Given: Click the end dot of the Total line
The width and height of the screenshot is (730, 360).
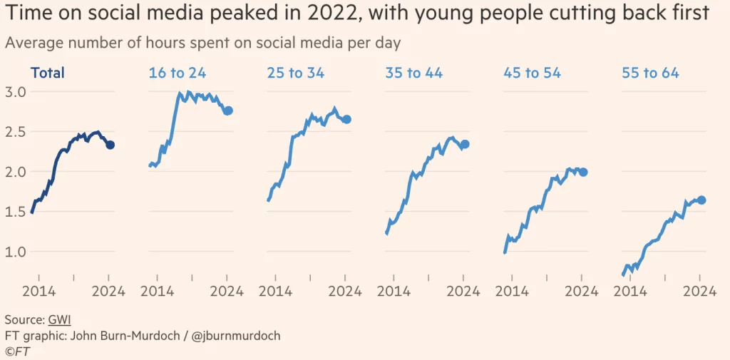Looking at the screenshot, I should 110,145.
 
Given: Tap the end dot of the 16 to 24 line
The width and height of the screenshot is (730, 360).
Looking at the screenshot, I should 228,110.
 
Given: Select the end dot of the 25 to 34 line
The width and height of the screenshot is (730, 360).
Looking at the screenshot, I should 346,119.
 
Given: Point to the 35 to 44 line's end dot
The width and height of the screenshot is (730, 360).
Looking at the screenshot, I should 465,144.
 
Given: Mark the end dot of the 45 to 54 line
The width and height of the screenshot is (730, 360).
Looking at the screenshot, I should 583,172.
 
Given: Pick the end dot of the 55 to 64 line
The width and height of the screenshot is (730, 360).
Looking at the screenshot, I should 701,200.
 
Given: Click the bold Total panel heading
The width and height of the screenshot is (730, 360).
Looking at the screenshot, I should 47,73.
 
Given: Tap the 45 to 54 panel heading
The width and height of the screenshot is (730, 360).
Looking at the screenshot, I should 532,73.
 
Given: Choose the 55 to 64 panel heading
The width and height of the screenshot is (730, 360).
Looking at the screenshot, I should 650,73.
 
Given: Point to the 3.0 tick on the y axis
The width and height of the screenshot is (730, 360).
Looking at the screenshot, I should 16,92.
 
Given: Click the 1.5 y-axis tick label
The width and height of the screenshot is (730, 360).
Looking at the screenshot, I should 16,212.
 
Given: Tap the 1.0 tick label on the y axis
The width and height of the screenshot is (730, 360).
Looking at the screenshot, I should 16,252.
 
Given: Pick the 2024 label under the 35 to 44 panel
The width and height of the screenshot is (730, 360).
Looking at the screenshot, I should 464,291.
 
